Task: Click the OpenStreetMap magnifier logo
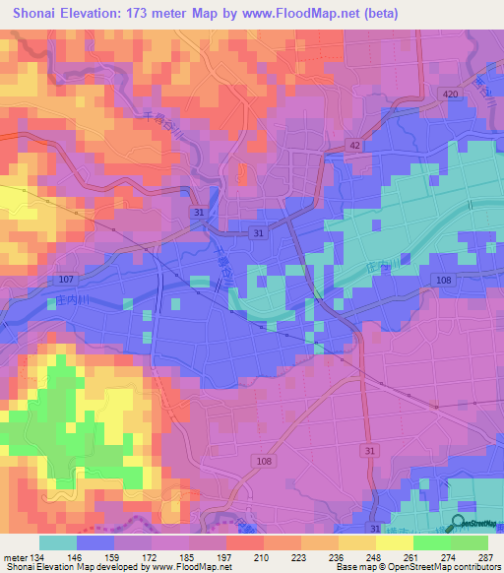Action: (459, 523)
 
